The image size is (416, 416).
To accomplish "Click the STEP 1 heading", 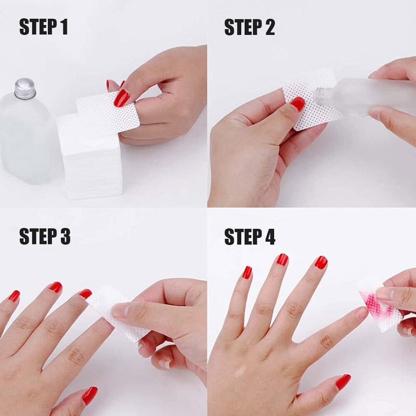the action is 44,27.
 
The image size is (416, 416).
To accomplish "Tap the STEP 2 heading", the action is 250,27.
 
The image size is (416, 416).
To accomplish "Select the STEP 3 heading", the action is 45,236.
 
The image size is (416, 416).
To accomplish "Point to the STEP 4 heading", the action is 250,236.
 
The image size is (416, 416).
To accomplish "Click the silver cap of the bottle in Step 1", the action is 25,88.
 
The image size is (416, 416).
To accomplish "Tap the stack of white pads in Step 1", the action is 89,157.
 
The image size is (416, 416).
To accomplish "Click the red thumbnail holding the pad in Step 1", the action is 122,97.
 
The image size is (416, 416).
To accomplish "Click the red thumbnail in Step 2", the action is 297,103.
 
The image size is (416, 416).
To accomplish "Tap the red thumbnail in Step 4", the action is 343,382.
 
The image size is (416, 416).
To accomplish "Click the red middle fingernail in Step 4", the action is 282,259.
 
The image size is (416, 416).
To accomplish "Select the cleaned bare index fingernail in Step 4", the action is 361,313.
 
